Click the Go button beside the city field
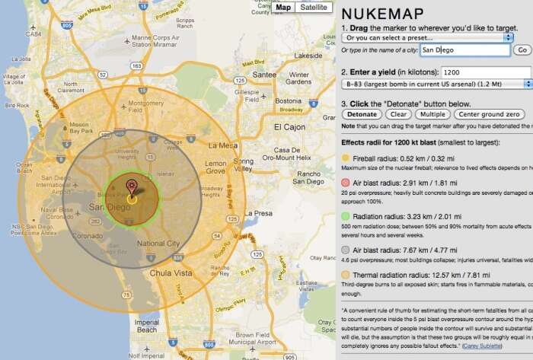[x=522, y=50]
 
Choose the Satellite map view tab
[x=313, y=7]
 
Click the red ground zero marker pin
[x=132, y=186]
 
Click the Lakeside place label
[x=308, y=56]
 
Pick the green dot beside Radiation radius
[x=346, y=216]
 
